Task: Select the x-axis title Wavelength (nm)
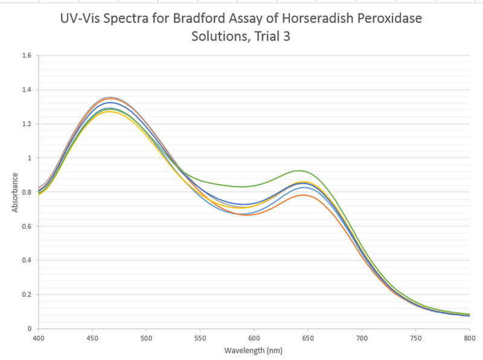[254, 350]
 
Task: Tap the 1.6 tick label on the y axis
[27, 56]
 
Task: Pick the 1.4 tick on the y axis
[27, 90]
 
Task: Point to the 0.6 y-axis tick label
[27, 227]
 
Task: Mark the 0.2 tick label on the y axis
[27, 295]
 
